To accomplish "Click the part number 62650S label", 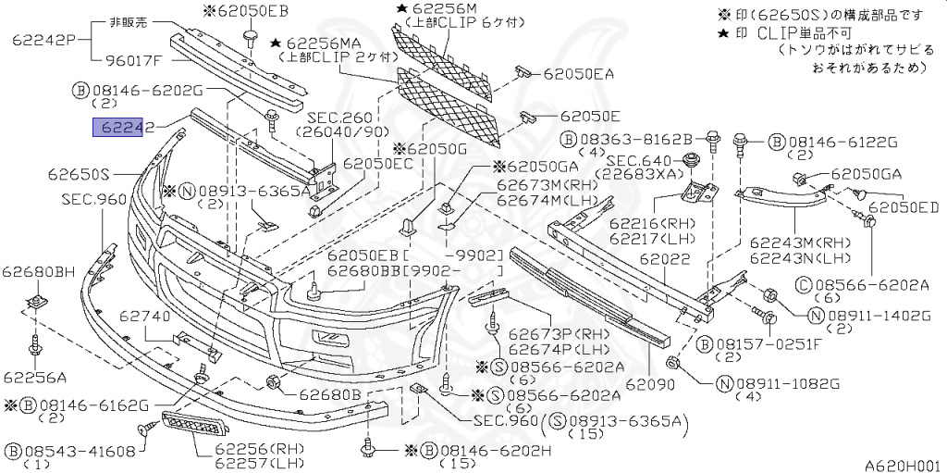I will coord(80,173).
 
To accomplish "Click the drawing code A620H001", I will coord(902,465).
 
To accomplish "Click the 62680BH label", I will coord(38,271).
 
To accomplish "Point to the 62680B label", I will coord(329,395).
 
